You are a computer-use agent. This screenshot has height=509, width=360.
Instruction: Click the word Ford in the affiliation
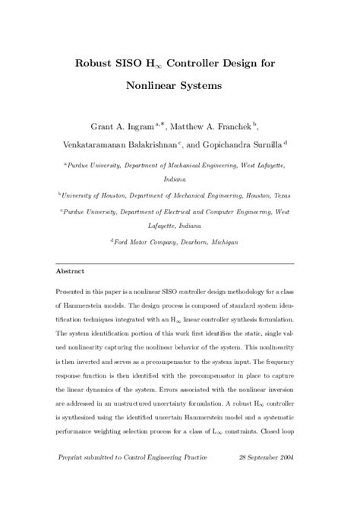pyautogui.click(x=122, y=242)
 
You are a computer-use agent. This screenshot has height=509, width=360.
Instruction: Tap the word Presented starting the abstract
pyautogui.click(x=74, y=292)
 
